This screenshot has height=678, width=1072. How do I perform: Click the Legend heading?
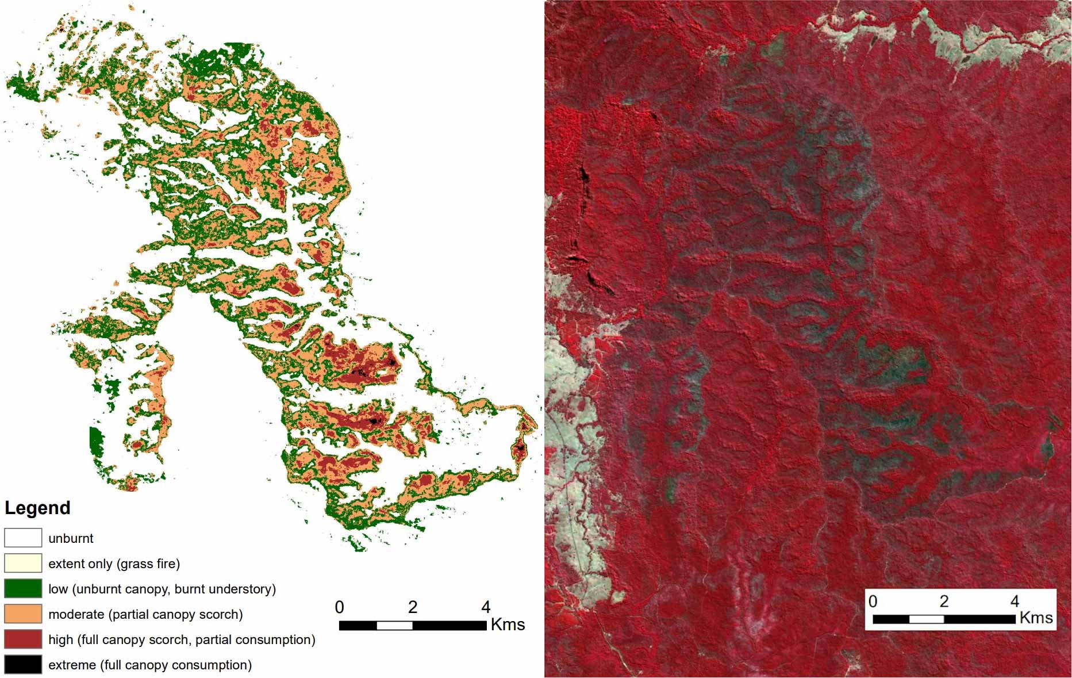[37, 508]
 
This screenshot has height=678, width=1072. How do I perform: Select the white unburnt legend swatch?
[23, 538]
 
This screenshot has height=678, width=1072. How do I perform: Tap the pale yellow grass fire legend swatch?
[23, 563]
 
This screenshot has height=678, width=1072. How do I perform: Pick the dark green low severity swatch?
[23, 588]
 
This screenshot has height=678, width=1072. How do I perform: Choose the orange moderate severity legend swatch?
[23, 614]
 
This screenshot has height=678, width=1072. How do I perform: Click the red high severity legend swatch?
[23, 639]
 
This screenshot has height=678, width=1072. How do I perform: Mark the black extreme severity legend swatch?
[23, 664]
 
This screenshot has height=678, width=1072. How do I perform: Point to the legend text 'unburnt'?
[71, 538]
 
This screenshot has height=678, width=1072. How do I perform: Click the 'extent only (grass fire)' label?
[114, 564]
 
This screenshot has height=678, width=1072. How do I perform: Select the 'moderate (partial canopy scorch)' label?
[145, 614]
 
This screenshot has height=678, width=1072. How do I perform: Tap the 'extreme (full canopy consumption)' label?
[150, 665]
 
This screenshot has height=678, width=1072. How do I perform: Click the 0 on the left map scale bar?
[340, 607]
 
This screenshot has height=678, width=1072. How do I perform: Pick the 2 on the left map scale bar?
[413, 607]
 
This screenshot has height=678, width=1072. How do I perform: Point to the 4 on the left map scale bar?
[486, 607]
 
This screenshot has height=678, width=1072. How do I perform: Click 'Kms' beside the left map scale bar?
[508, 625]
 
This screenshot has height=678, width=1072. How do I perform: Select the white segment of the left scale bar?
[394, 626]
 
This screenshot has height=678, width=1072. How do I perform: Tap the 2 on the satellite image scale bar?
[944, 602]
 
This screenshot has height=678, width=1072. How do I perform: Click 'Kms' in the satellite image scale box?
[1036, 618]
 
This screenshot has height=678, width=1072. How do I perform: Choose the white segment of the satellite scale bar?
[926, 619]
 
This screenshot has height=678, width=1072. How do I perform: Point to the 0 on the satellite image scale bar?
[873, 602]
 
